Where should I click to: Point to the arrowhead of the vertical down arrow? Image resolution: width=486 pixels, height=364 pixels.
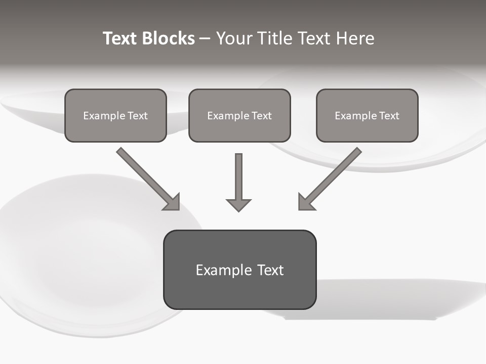click(238, 205)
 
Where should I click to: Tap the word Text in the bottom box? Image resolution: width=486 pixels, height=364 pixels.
click(270, 270)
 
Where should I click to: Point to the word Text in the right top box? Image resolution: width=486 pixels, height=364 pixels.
click(389, 116)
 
